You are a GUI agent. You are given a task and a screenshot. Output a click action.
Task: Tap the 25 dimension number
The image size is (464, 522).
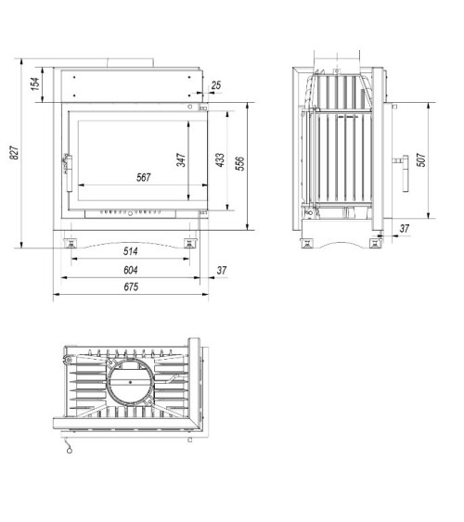coord(216,86)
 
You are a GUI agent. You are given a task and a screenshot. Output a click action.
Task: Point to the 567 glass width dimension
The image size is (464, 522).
coord(143,176)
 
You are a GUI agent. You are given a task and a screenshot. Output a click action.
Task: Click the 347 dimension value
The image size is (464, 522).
coord(182,159)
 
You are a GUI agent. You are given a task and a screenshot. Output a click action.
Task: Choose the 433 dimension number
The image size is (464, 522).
coord(219,159)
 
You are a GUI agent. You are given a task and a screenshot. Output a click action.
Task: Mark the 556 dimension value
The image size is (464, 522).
coord(239,163)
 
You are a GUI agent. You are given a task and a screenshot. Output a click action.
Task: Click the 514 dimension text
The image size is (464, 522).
coord(130,249)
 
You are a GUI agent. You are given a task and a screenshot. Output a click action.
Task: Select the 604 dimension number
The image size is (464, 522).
coord(130,270)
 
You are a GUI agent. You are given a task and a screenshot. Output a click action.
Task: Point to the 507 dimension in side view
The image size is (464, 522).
coord(420,159)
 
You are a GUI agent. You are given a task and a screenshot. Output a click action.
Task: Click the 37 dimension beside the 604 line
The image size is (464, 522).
coord(221,270)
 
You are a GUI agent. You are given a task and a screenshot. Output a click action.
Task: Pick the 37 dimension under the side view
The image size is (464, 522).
coord(405,228)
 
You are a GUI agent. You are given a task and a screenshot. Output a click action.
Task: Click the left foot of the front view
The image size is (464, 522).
coord(69,243)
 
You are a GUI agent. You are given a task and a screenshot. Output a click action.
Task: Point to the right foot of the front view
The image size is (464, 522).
coord(190,243)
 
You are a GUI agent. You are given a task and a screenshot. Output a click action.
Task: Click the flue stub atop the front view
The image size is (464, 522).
coord(130,64)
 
